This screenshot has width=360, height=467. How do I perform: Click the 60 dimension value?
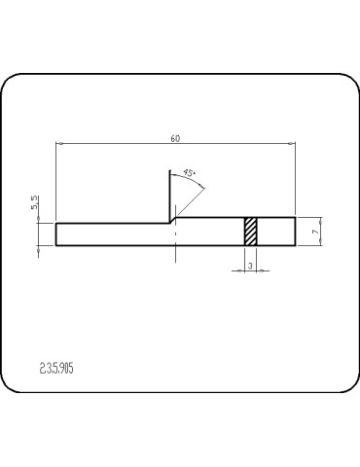point(175,138)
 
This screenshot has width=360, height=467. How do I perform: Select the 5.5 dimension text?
point(35,203)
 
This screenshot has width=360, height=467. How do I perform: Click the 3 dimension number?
point(250,264)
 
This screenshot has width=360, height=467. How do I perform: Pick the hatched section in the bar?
point(250,231)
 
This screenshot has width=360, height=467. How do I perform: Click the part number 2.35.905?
point(58,369)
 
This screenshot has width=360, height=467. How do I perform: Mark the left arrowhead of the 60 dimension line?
point(59,145)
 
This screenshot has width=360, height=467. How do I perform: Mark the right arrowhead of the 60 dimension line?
point(292,145)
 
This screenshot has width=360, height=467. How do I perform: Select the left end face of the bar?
point(56,233)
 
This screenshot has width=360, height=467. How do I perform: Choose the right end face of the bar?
point(295,231)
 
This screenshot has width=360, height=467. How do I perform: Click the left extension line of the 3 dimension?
point(244,257)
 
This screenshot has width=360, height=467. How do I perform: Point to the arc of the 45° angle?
point(194,177)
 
